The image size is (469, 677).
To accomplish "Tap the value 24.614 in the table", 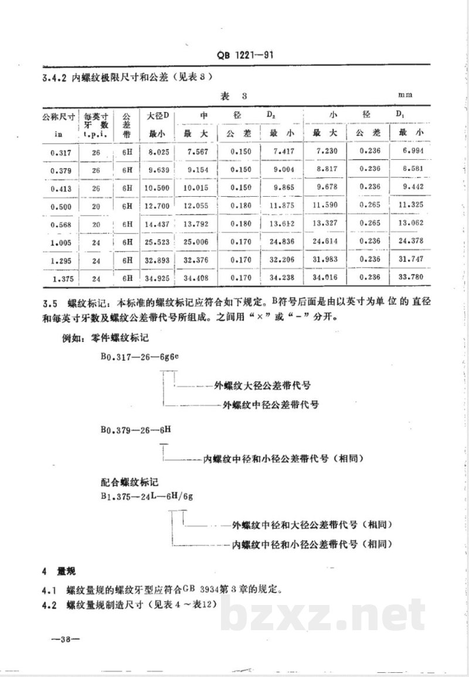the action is point(324,242).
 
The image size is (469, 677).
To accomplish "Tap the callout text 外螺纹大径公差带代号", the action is point(262,387).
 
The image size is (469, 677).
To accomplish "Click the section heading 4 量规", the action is point(59,570).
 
